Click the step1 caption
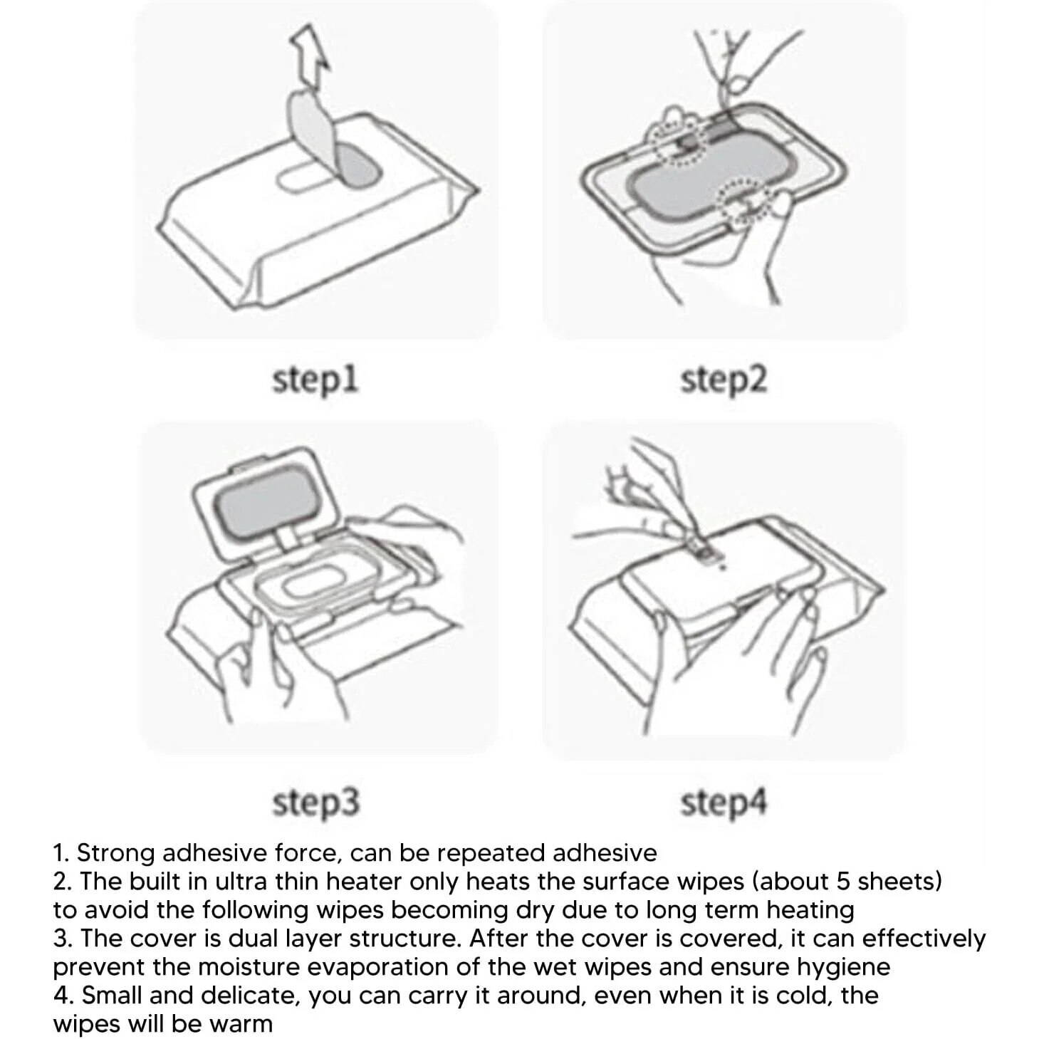point(315,381)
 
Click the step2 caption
point(723,381)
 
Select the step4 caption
point(723,803)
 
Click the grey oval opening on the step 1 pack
point(356,167)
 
